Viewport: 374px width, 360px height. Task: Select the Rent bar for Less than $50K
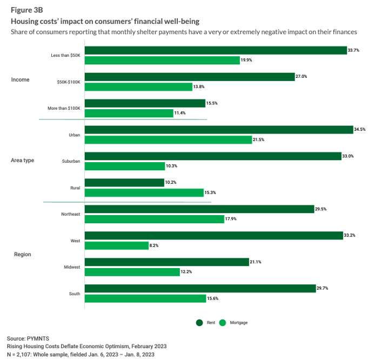point(215,50)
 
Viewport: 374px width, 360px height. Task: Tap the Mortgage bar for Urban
point(168,139)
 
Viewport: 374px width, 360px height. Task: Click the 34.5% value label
point(359,130)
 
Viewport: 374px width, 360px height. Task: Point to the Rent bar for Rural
point(124,183)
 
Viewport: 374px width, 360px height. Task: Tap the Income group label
point(21,80)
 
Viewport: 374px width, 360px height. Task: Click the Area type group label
point(23,161)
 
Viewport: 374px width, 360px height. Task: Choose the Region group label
point(22,254)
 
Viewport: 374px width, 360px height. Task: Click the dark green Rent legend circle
point(199,323)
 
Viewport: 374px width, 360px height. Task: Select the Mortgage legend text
point(238,323)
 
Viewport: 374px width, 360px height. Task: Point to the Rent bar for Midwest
point(166,262)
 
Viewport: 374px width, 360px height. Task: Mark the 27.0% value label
point(301,77)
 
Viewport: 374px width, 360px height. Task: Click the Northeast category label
point(70,214)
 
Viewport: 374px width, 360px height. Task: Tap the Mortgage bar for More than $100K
point(129,113)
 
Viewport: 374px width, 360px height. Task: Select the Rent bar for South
point(200,288)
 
